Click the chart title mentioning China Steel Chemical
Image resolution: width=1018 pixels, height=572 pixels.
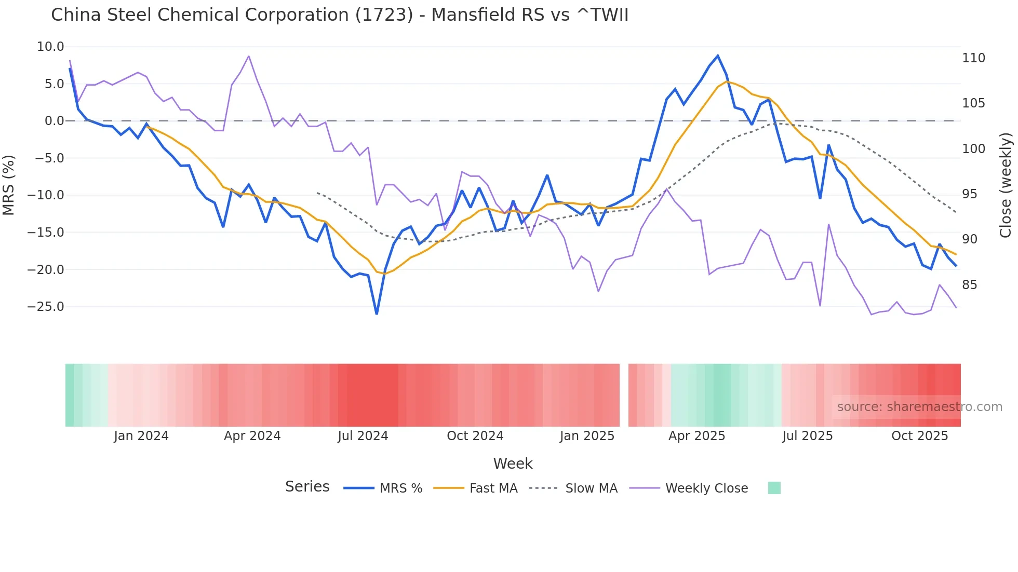340,15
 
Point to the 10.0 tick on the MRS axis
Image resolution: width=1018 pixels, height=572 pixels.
50,47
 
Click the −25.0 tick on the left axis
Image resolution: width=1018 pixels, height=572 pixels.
46,307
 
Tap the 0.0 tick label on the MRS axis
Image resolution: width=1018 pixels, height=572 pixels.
54,121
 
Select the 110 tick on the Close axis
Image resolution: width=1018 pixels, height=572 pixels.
973,58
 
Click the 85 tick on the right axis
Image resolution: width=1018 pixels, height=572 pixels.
969,285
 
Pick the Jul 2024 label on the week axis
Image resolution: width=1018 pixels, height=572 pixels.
363,436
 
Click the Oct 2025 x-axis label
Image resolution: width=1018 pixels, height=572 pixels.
919,436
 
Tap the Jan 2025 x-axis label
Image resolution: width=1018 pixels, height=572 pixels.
587,436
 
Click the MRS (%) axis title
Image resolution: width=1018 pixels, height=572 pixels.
9,185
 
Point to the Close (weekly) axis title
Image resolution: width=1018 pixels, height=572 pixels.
1006,185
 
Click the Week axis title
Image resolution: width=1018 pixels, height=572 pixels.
513,464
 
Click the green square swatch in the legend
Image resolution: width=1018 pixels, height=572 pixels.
774,488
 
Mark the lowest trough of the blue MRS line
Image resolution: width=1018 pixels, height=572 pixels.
377,314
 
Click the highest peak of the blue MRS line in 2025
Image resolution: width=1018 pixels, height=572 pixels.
718,56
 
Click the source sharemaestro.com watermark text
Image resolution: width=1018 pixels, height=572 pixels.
919,407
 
